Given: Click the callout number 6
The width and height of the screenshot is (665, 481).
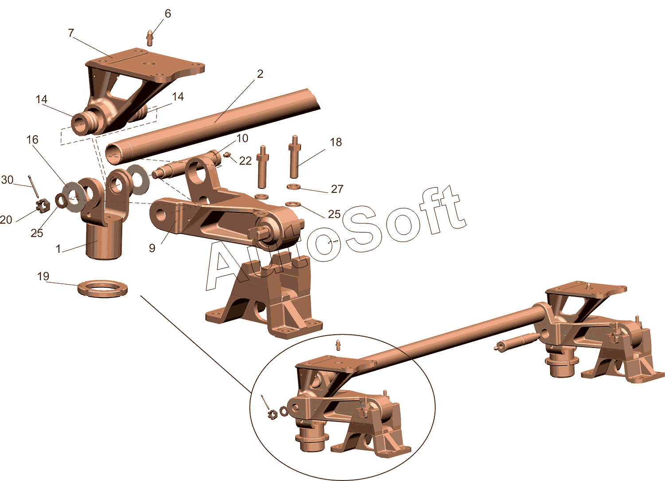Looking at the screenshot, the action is [x=168, y=14].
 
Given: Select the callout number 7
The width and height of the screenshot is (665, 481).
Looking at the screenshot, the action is [x=70, y=33].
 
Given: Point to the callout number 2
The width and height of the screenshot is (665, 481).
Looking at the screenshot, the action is [x=260, y=74].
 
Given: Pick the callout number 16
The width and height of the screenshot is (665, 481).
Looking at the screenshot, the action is [x=32, y=140].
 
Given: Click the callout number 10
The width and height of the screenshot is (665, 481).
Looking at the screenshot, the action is [x=242, y=138].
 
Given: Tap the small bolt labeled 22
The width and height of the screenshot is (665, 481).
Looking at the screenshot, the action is [x=228, y=155].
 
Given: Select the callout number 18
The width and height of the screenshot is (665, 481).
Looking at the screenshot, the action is [x=336, y=142].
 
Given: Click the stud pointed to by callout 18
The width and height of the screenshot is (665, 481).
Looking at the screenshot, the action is [x=294, y=156].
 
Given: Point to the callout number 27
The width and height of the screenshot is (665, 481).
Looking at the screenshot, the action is [x=337, y=189].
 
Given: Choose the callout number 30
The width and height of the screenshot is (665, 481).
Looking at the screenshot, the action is [x=7, y=180].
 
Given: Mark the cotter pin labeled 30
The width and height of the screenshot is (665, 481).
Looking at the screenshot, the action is [x=34, y=186].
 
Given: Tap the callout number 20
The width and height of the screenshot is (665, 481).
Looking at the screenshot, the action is [x=6, y=220].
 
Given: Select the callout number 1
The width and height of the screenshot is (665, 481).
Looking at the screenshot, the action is [x=59, y=249].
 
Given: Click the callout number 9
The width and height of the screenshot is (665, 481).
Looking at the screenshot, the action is [x=152, y=248].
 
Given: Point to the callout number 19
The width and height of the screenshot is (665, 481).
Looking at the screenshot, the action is [x=43, y=277].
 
